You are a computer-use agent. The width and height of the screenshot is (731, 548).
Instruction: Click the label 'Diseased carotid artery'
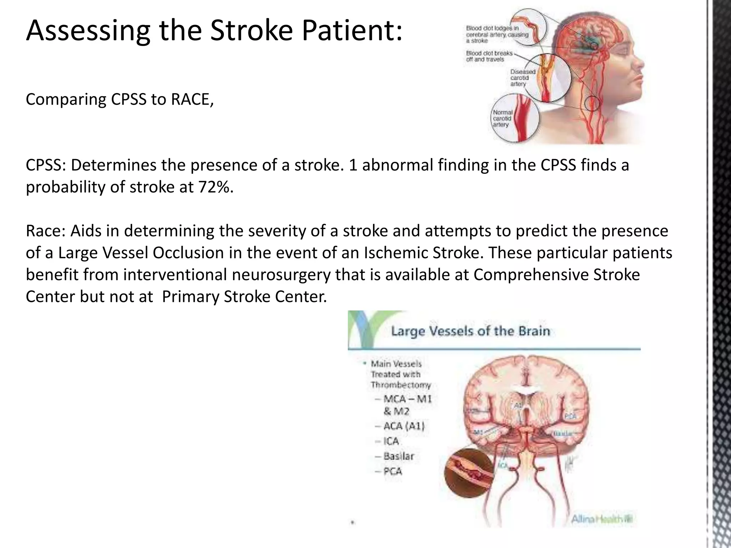(523, 78)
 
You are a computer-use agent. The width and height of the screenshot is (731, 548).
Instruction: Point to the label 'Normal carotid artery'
(503, 118)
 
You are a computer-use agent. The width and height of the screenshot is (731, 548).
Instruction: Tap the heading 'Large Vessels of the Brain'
(470, 331)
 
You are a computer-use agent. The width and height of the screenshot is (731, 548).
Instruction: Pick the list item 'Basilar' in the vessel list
(398, 456)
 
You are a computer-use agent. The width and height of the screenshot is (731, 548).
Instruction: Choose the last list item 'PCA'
(393, 472)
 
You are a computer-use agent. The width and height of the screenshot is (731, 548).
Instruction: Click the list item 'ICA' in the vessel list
(391, 441)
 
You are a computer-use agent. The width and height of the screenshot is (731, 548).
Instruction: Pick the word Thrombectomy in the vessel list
(400, 385)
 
